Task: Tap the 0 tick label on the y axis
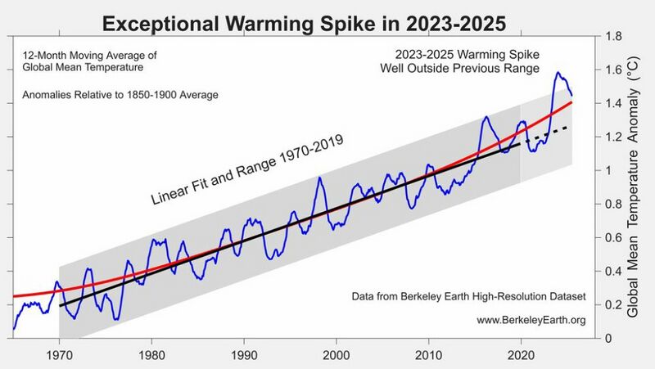coord(608,338)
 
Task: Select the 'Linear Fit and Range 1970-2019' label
coord(246,169)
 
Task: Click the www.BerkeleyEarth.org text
coord(531,320)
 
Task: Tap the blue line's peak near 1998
coord(319,178)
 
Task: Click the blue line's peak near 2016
coord(486,117)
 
